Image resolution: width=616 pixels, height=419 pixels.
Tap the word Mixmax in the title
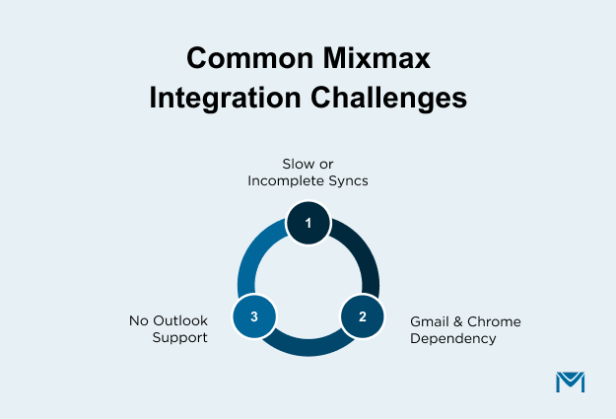380,59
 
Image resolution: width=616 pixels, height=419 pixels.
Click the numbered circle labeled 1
308,223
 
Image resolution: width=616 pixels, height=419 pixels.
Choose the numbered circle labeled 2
362,316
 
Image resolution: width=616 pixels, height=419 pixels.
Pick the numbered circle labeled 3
254,316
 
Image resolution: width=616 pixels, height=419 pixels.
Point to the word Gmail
431,321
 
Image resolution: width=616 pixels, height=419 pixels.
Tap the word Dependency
452,339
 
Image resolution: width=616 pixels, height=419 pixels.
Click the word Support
180,339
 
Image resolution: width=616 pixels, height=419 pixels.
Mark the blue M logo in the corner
570,382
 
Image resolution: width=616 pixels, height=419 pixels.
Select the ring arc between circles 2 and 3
308,346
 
